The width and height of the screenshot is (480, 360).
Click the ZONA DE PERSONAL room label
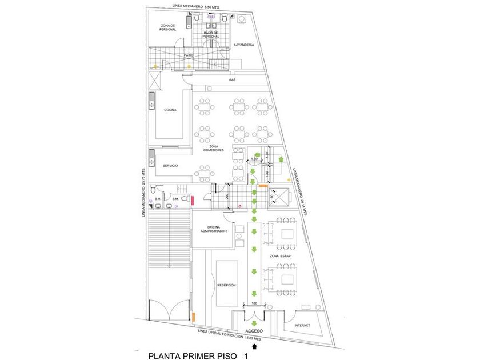pos(168,27)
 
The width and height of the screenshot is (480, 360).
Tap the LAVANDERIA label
pos(243,45)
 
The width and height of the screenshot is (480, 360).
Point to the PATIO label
pos(189,55)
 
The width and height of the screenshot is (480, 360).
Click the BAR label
pos(233,81)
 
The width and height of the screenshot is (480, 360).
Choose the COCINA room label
pos(170,110)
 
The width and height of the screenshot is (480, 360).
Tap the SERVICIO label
pos(170,166)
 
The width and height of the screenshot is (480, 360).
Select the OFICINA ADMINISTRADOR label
pos(214,229)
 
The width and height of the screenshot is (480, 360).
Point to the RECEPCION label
pos(226,285)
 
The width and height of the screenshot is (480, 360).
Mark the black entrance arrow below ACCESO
pos(254,345)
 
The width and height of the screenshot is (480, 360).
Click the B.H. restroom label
pos(157,199)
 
